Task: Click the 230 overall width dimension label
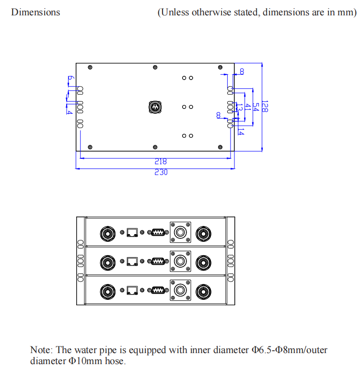click(161, 172)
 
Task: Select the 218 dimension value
click(161, 162)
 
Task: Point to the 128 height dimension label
click(265, 107)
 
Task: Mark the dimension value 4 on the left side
click(70, 112)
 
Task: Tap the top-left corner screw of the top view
click(90, 67)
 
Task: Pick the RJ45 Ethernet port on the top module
click(132, 233)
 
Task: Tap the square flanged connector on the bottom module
click(180, 291)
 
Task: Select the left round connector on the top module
click(107, 234)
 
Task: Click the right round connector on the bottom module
click(204, 291)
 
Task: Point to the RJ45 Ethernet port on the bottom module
click(132, 290)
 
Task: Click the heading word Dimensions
click(35, 12)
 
